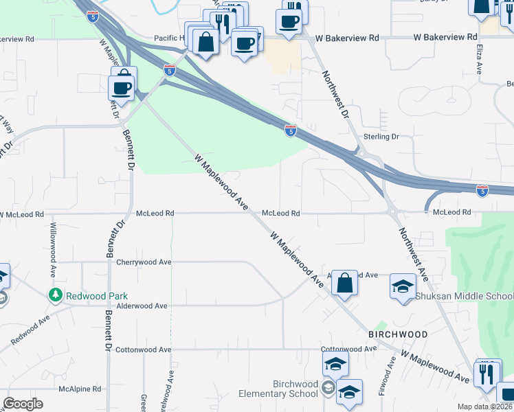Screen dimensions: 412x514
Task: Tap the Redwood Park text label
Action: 96,296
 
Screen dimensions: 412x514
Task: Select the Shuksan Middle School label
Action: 464,296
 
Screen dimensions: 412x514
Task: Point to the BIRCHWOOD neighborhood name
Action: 398,334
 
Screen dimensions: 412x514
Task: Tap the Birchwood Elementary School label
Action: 278,389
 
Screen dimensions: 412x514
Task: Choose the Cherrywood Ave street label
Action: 144,262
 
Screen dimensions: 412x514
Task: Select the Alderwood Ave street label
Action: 142,306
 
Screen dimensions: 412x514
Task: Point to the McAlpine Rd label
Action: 81,388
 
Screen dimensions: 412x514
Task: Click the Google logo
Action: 23,404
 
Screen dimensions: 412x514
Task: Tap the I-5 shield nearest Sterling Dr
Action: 291,130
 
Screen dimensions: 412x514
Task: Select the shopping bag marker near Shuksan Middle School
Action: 344,283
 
